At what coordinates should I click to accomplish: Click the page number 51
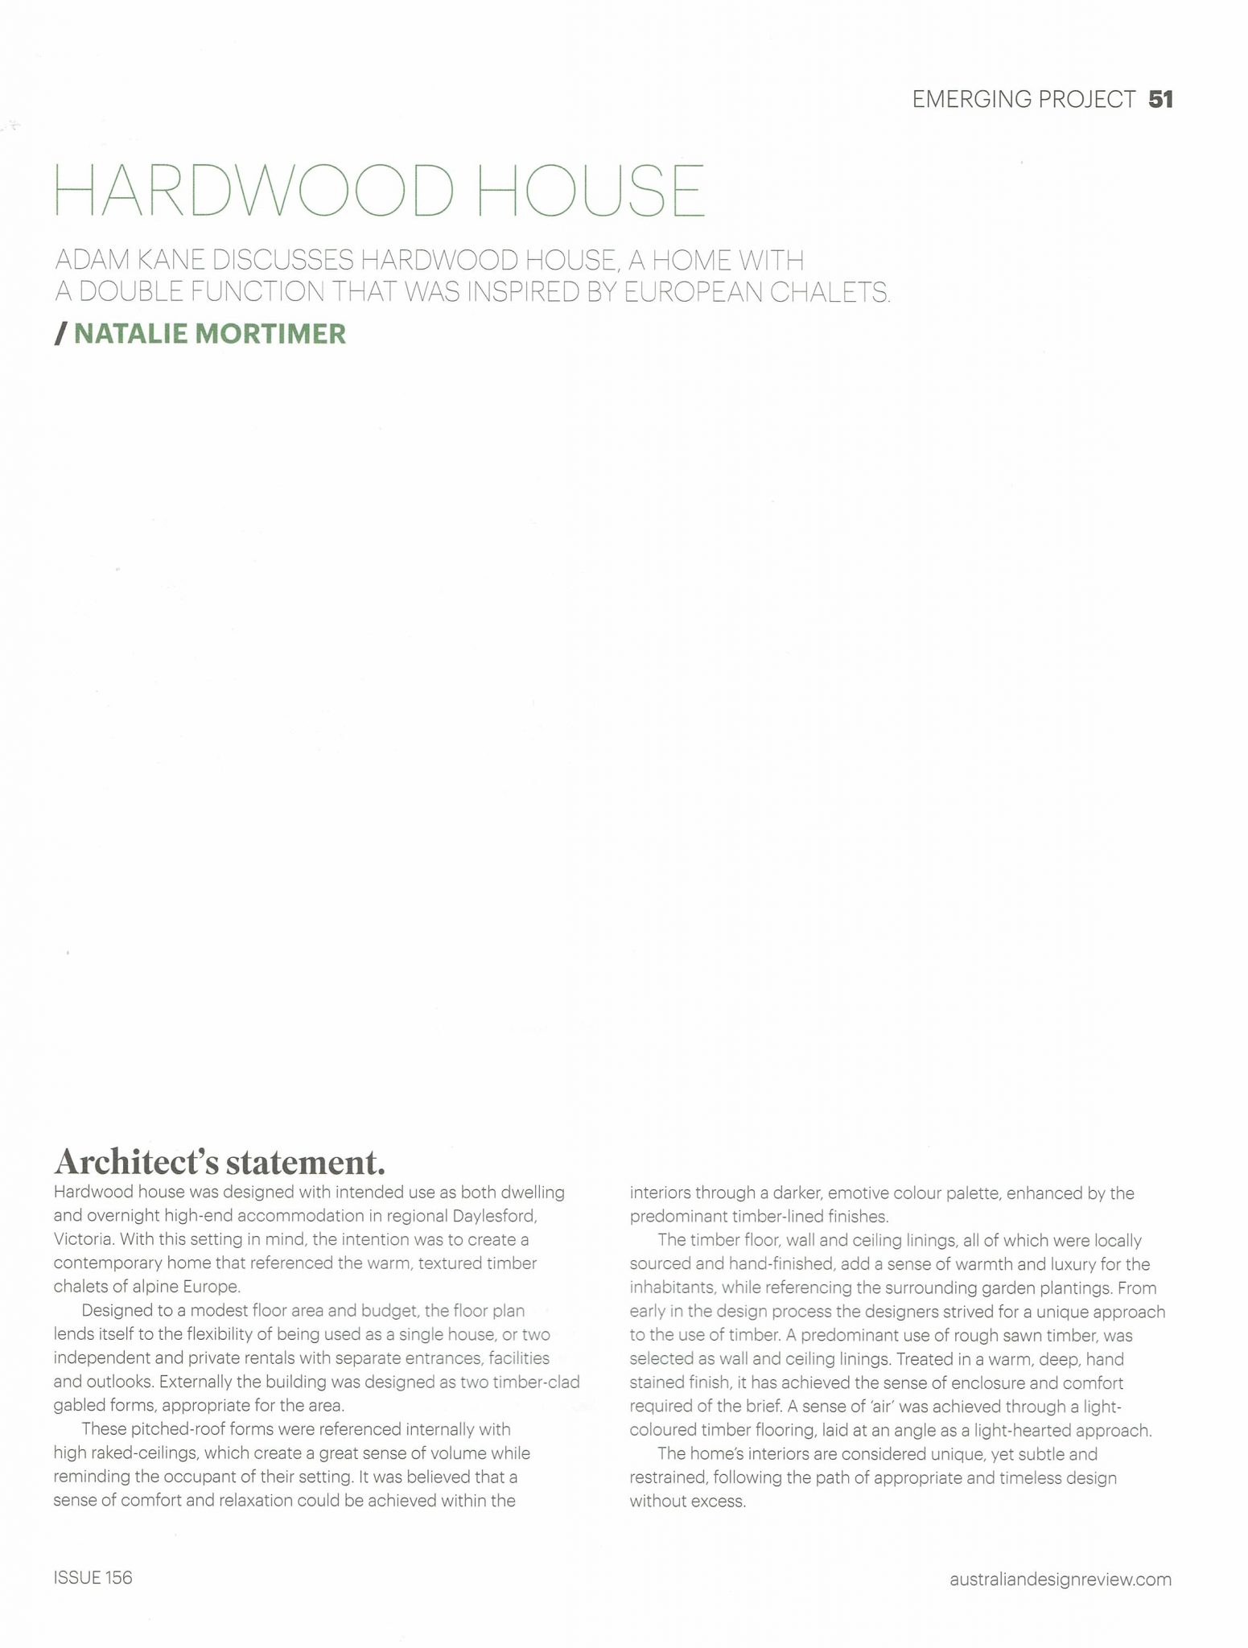click(x=1160, y=99)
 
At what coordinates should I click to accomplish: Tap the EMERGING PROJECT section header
click(x=1024, y=99)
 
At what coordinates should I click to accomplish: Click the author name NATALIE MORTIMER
click(x=210, y=333)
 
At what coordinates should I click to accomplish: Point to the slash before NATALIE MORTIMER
click(x=60, y=333)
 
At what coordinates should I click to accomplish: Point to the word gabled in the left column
click(x=80, y=1406)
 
